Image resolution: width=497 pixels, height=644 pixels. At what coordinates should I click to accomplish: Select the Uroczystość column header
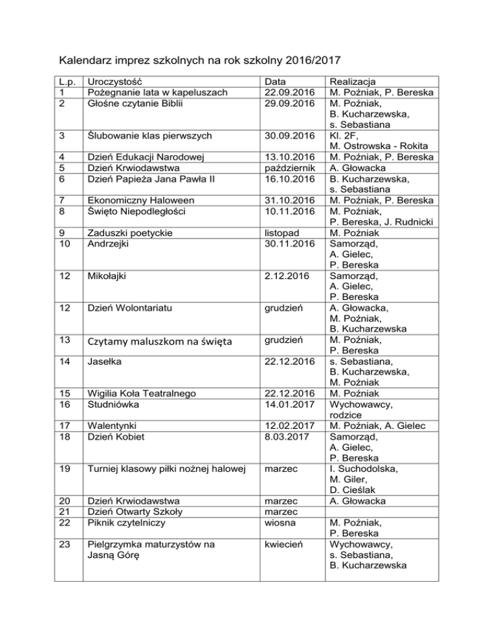tap(115, 82)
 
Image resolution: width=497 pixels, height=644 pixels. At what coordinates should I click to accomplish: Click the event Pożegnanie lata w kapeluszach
tap(158, 93)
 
